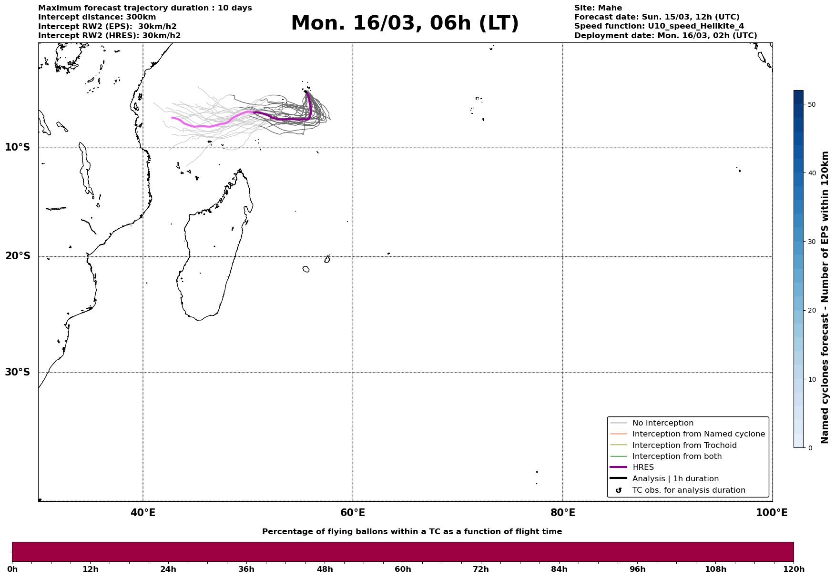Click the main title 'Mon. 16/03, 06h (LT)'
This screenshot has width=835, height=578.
coord(405,23)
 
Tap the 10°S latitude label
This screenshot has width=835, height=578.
coord(18,147)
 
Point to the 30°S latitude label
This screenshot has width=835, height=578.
coord(18,372)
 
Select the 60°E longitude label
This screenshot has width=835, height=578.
coord(353,513)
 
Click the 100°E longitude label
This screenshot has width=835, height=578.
coord(772,513)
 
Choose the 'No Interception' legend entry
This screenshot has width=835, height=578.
coord(662,423)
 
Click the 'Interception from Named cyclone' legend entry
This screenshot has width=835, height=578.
coord(698,434)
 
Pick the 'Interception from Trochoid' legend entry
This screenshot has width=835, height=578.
coord(684,446)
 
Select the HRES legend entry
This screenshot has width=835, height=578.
coord(643,467)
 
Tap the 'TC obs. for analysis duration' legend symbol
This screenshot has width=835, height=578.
coord(619,490)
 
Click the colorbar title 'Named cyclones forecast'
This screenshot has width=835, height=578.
coord(825,297)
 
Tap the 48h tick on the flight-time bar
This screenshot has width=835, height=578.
coord(325,569)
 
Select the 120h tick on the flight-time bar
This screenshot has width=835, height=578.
coord(794,569)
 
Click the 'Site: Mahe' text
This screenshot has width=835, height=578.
coord(598,8)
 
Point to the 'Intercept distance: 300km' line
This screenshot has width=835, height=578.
coord(97,17)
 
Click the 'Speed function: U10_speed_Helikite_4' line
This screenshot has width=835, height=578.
coord(659,26)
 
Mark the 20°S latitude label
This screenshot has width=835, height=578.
coord(18,256)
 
